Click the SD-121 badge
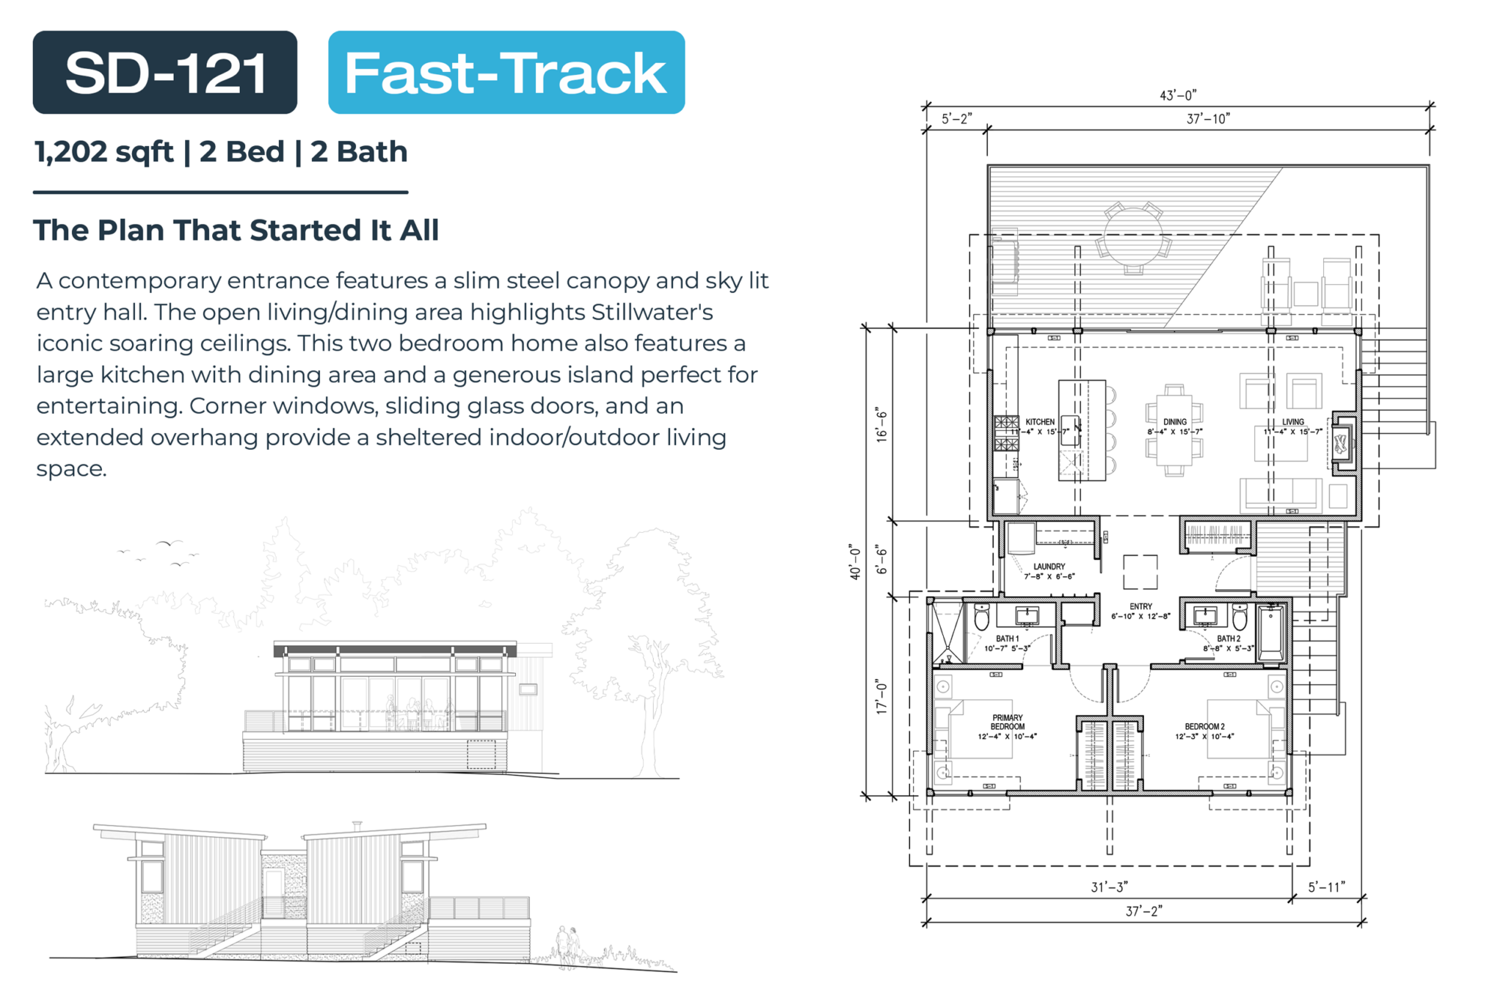coord(164,73)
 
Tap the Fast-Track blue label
coord(506,73)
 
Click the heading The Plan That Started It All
coord(236,230)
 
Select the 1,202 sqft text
coord(103,152)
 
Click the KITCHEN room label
coord(1039,422)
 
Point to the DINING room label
coord(1174,422)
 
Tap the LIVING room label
coord(1292,422)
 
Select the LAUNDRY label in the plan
coord(1049,567)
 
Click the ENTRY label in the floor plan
coord(1140,606)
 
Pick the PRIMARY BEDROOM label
coord(1007,722)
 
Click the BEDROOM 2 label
coord(1204,727)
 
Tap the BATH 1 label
coord(1007,639)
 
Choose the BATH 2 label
coord(1229,639)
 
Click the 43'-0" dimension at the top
coord(1178,95)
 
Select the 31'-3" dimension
coord(1109,887)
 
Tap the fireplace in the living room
coord(1342,442)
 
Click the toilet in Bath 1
coord(982,618)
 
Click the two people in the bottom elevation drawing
coord(568,945)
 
